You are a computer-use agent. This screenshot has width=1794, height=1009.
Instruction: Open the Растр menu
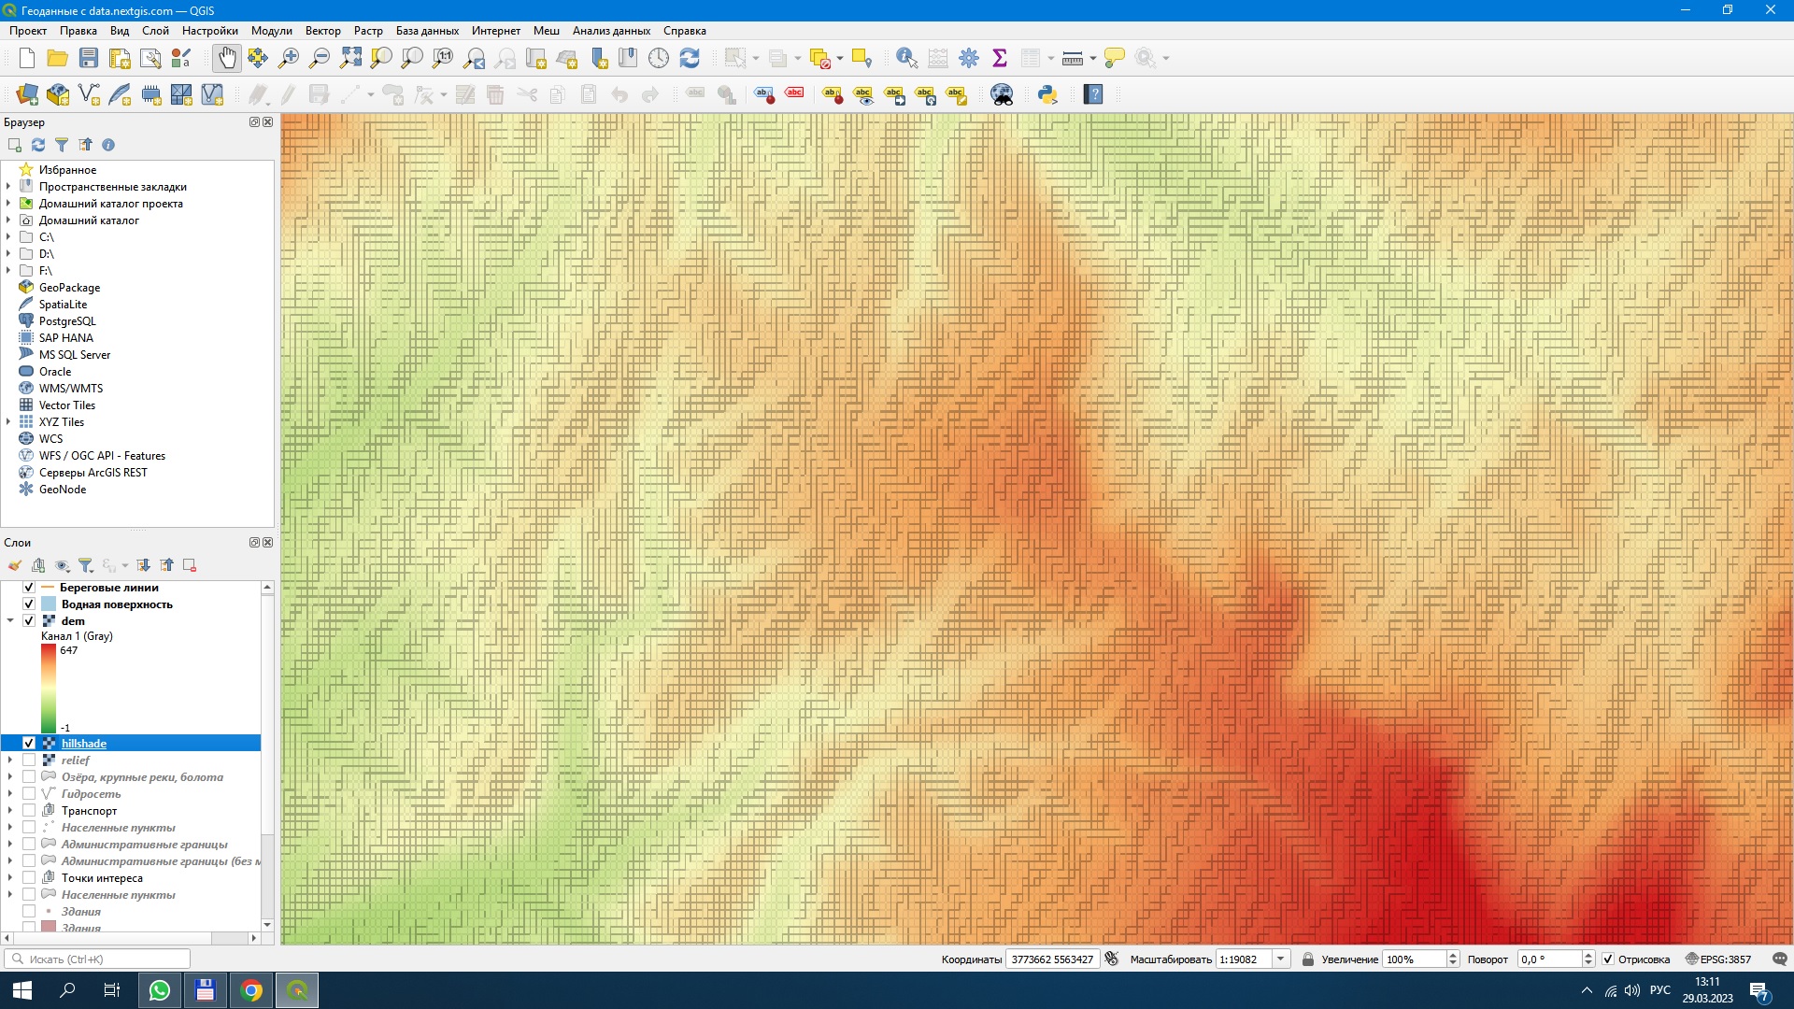click(368, 31)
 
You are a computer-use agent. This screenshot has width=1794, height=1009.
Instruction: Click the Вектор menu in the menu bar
click(322, 31)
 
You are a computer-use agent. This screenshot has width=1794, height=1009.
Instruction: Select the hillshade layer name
click(84, 744)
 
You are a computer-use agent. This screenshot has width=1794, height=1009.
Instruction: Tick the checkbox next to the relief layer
click(29, 760)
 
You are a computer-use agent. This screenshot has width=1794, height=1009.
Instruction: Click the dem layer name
click(73, 621)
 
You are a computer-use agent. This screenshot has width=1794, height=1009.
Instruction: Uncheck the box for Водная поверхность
click(29, 604)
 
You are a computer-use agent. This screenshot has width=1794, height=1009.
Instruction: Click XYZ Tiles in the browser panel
click(62, 422)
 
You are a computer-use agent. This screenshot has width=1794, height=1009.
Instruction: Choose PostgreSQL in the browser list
click(67, 321)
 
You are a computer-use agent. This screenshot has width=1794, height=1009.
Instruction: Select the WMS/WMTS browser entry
click(71, 389)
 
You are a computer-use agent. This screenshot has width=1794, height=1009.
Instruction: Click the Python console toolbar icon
click(1047, 94)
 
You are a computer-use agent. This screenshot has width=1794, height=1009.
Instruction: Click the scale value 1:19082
click(1242, 959)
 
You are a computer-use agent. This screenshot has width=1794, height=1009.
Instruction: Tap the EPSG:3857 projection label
click(1725, 959)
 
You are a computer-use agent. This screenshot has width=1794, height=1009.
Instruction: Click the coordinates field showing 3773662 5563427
click(1052, 959)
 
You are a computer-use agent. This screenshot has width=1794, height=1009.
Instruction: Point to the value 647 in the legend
click(69, 651)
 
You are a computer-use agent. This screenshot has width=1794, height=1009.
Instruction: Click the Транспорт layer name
click(90, 811)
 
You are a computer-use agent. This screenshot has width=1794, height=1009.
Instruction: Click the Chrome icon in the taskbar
click(251, 990)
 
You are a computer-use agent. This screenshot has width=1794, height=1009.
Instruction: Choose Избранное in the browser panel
click(67, 170)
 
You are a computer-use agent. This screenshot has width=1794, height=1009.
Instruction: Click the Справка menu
click(684, 31)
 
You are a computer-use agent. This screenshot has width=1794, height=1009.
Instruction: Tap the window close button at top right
click(1770, 10)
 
